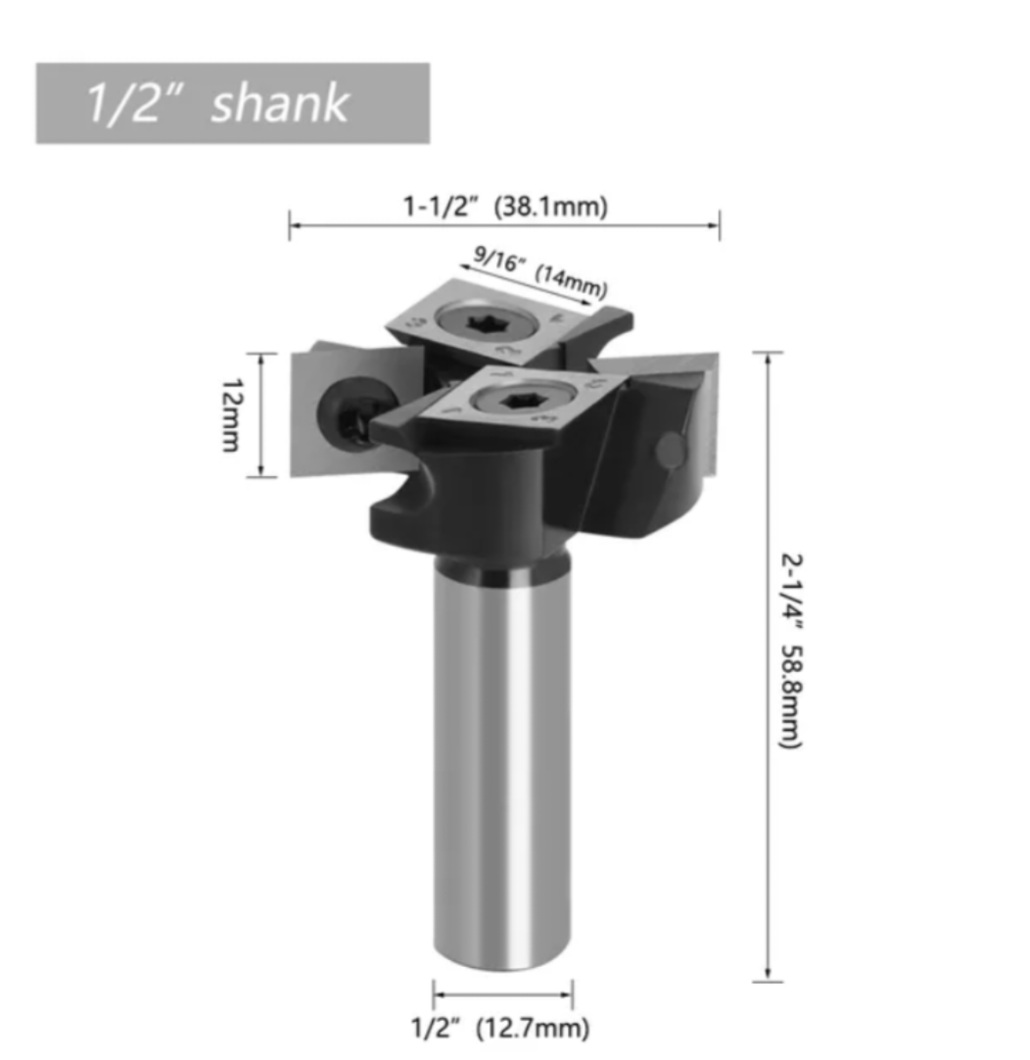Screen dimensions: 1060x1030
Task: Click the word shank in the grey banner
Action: [x=280, y=104]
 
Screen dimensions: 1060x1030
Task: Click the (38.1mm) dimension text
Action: [x=551, y=207]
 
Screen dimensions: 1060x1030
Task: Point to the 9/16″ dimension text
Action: [x=499, y=258]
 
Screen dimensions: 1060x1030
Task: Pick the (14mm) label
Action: [x=571, y=280]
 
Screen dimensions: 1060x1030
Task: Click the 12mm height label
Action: [x=232, y=414]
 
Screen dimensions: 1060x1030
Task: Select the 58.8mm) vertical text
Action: [x=791, y=696]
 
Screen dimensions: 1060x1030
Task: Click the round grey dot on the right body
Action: [x=670, y=450]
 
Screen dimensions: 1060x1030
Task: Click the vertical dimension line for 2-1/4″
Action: [x=768, y=666]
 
